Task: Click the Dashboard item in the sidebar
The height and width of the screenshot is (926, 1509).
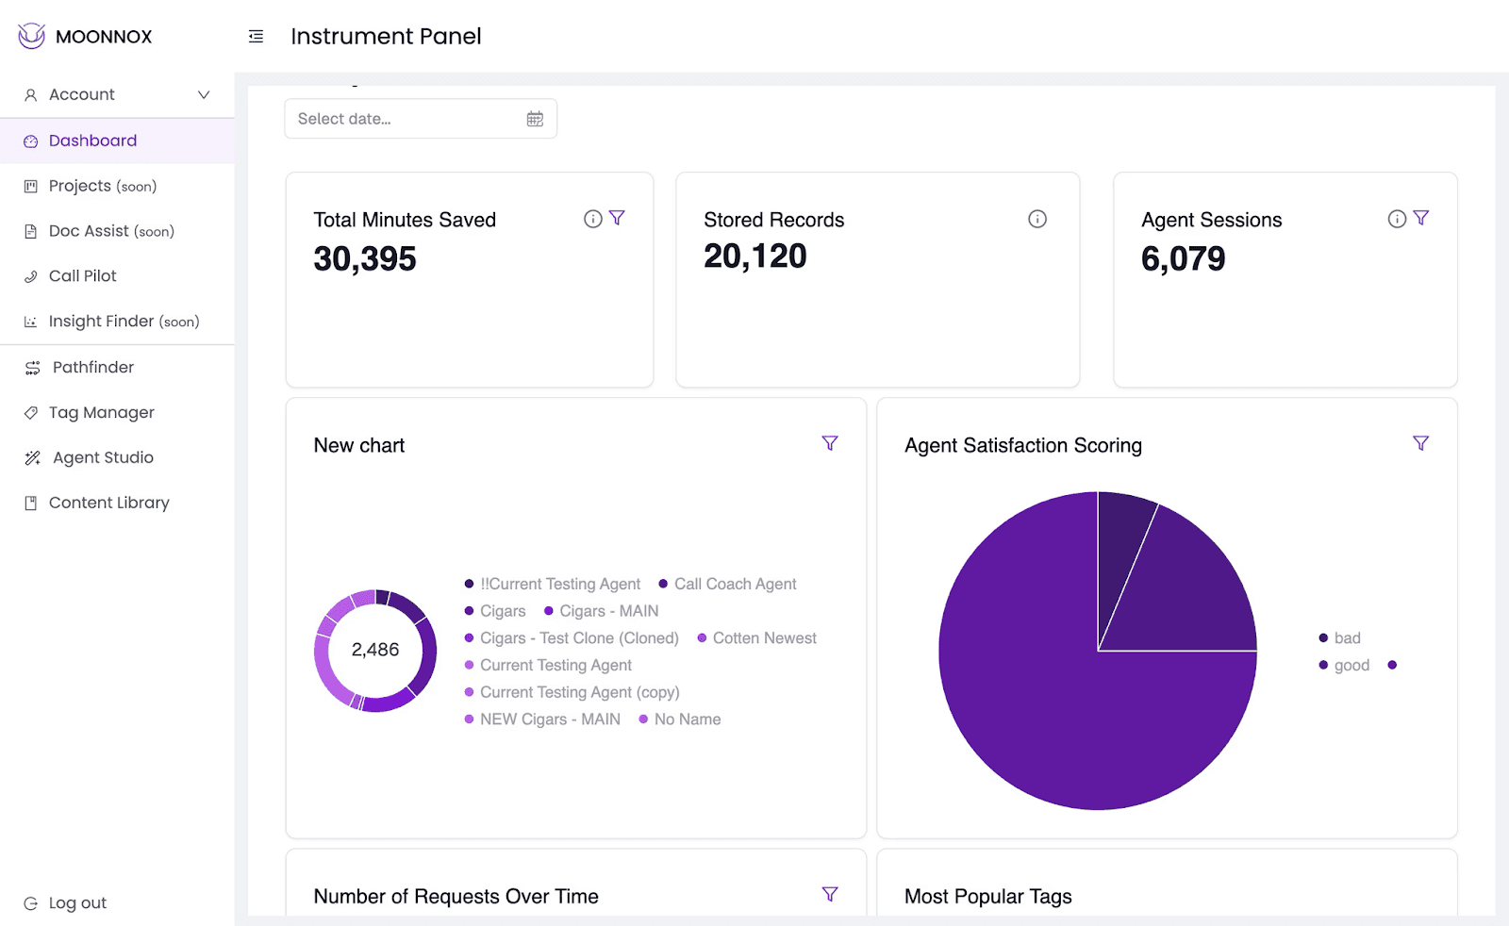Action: point(92,141)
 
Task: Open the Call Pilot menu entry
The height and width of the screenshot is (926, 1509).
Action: point(82,276)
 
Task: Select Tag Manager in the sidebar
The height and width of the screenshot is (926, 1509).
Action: point(101,412)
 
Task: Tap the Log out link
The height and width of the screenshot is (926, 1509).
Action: point(76,902)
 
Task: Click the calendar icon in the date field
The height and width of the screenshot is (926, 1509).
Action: point(535,119)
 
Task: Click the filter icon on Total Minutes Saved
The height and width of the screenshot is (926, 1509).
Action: point(617,218)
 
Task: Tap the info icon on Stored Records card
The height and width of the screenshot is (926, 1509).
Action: point(1037,219)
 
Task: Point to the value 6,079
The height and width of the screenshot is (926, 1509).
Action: point(1183,258)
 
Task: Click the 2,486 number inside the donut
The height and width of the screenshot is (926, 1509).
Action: point(375,649)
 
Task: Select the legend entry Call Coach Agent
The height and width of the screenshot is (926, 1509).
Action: point(727,584)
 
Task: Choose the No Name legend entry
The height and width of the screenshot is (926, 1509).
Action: point(680,719)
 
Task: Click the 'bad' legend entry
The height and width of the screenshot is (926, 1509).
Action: point(1340,637)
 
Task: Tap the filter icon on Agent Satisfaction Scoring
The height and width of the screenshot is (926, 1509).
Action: point(1420,443)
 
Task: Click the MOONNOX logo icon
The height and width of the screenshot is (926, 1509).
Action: point(31,36)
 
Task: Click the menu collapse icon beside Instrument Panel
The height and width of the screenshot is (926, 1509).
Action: point(256,37)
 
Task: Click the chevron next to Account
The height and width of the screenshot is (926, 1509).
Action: point(204,95)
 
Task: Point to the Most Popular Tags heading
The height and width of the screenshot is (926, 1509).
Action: point(987,897)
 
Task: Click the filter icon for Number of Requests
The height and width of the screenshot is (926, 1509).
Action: point(830,894)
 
